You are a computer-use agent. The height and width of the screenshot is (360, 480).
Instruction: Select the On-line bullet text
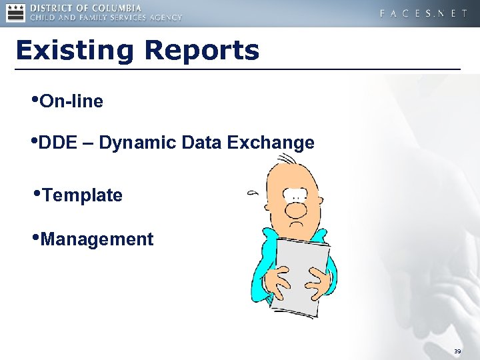coord(71,102)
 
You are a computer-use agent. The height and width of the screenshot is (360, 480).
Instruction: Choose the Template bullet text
coord(81,196)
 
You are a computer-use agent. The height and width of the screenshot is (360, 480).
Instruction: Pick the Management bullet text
coord(97,239)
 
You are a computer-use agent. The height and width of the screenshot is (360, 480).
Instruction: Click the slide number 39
coord(457,351)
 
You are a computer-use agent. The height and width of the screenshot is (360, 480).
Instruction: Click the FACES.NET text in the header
coord(423,13)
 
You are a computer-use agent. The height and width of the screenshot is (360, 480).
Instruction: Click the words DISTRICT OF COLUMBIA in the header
coord(85,8)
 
